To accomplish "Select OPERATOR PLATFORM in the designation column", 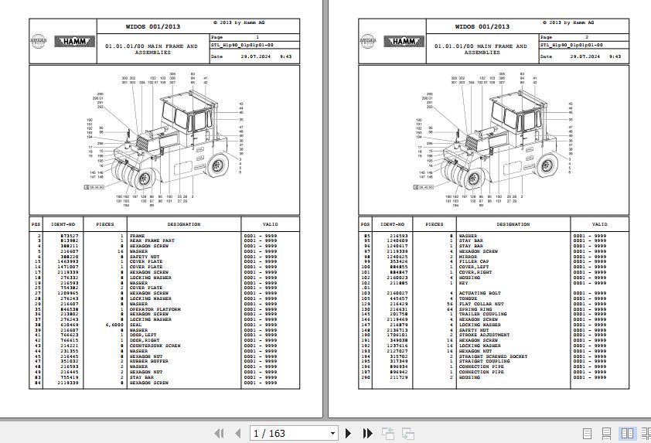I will click(x=155, y=309).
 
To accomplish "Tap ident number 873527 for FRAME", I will click(x=69, y=235).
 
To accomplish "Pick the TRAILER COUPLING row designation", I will click(x=479, y=315).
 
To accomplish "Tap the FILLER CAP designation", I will click(x=473, y=261).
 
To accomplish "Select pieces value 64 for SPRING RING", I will click(x=450, y=309).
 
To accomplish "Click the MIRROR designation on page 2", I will click(x=468, y=255).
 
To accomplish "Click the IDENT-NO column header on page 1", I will click(x=63, y=224).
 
